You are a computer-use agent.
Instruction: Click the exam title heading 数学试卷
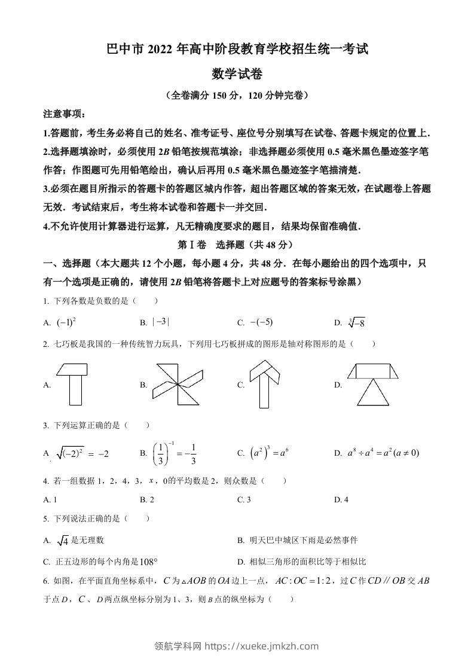click(x=237, y=74)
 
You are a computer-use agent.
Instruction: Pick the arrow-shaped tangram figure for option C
click(x=266, y=383)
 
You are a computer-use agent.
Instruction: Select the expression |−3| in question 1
click(x=161, y=322)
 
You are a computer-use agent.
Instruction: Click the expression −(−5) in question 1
click(x=261, y=322)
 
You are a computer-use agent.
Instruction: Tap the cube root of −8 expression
click(x=356, y=323)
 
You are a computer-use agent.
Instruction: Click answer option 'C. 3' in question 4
click(x=244, y=499)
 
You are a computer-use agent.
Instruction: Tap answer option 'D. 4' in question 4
click(x=341, y=499)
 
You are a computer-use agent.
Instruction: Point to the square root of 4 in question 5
click(x=62, y=541)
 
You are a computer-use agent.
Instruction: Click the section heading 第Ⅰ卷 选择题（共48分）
click(x=236, y=245)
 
